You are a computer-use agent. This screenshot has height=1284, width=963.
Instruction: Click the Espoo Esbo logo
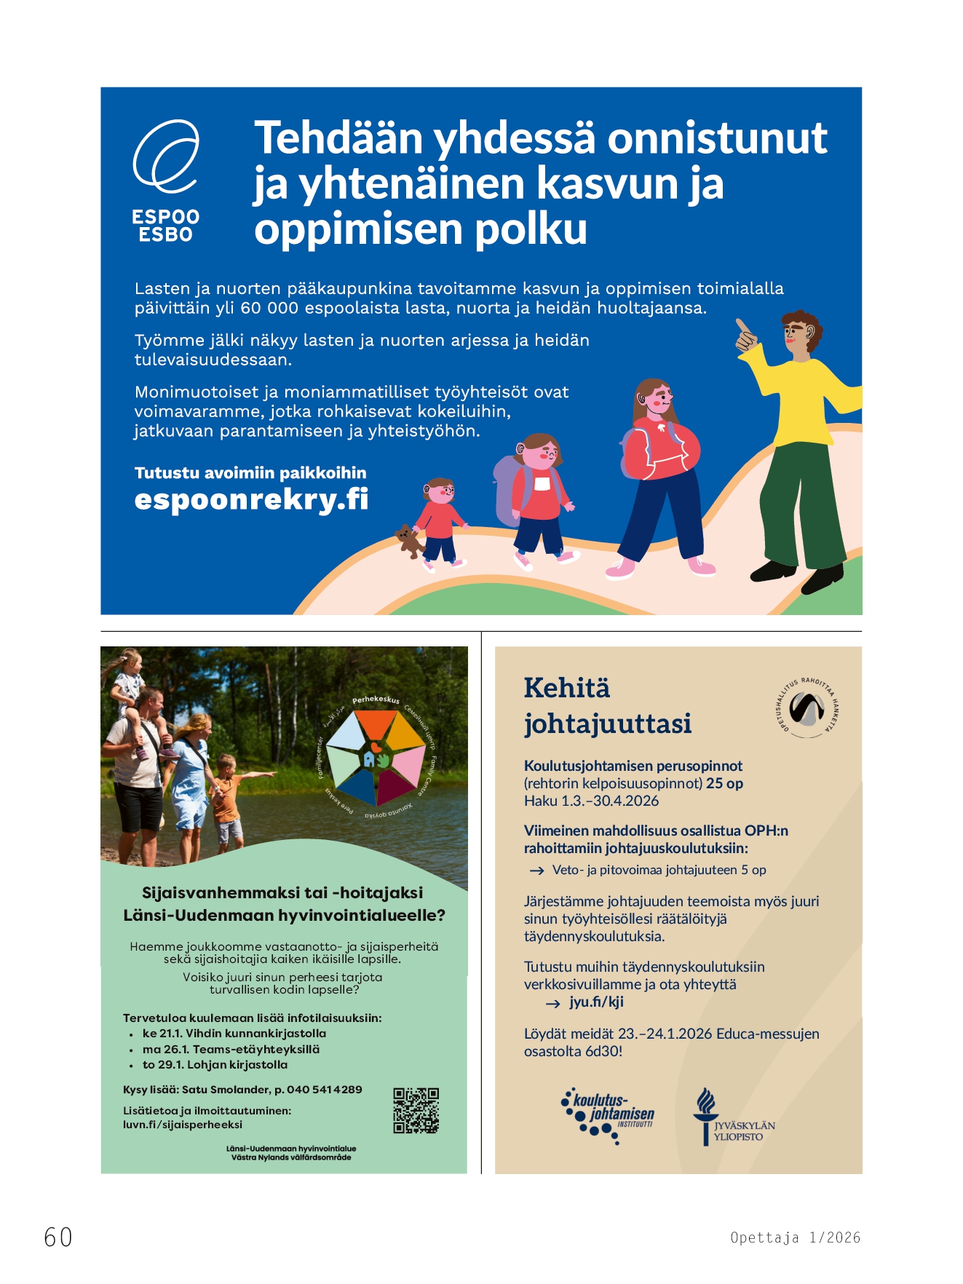click(x=166, y=181)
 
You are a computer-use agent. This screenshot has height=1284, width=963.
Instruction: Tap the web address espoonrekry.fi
click(x=251, y=500)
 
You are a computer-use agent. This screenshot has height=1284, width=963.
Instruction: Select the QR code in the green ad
click(x=416, y=1111)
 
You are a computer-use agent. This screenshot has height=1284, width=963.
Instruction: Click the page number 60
click(x=58, y=1237)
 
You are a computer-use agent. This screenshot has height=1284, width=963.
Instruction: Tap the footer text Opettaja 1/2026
click(x=795, y=1237)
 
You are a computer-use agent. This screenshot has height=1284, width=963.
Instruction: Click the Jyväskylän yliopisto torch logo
click(x=705, y=1116)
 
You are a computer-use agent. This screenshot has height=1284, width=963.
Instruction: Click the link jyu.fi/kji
click(x=596, y=1002)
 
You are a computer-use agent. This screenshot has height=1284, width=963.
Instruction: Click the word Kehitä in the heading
click(x=567, y=688)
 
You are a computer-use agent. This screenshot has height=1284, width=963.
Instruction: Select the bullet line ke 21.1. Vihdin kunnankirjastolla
click(x=234, y=1034)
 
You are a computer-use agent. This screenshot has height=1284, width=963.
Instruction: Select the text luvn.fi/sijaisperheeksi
click(x=182, y=1125)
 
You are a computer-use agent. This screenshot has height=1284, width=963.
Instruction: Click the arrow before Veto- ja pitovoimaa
click(x=537, y=871)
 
